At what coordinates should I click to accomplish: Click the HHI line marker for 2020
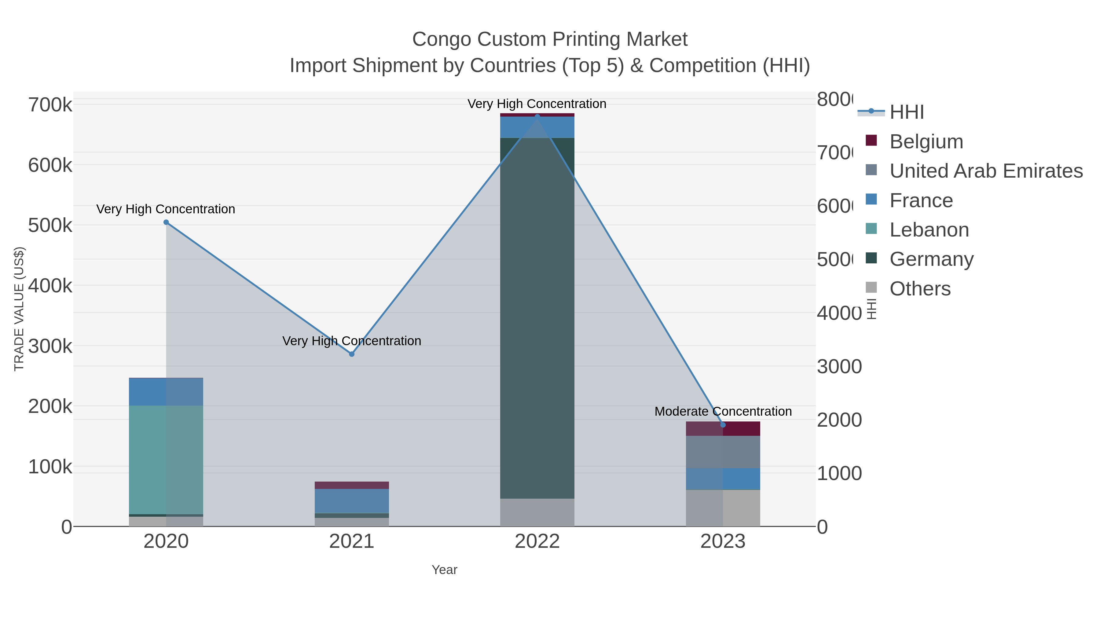click(x=166, y=222)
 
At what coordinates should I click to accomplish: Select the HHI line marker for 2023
click(x=723, y=425)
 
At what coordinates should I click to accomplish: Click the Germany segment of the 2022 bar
click(x=537, y=318)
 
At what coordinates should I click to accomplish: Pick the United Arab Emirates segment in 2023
click(x=723, y=452)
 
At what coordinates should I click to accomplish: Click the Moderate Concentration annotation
click(x=723, y=412)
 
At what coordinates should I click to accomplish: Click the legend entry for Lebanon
click(x=929, y=230)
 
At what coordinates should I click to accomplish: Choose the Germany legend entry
click(x=931, y=259)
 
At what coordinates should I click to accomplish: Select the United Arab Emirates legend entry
click(x=985, y=171)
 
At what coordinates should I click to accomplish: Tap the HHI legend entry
click(x=906, y=112)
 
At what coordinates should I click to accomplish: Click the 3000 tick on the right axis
click(x=839, y=367)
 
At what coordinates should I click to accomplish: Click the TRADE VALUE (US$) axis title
click(x=19, y=309)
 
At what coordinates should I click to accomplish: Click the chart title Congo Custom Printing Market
click(x=550, y=39)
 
